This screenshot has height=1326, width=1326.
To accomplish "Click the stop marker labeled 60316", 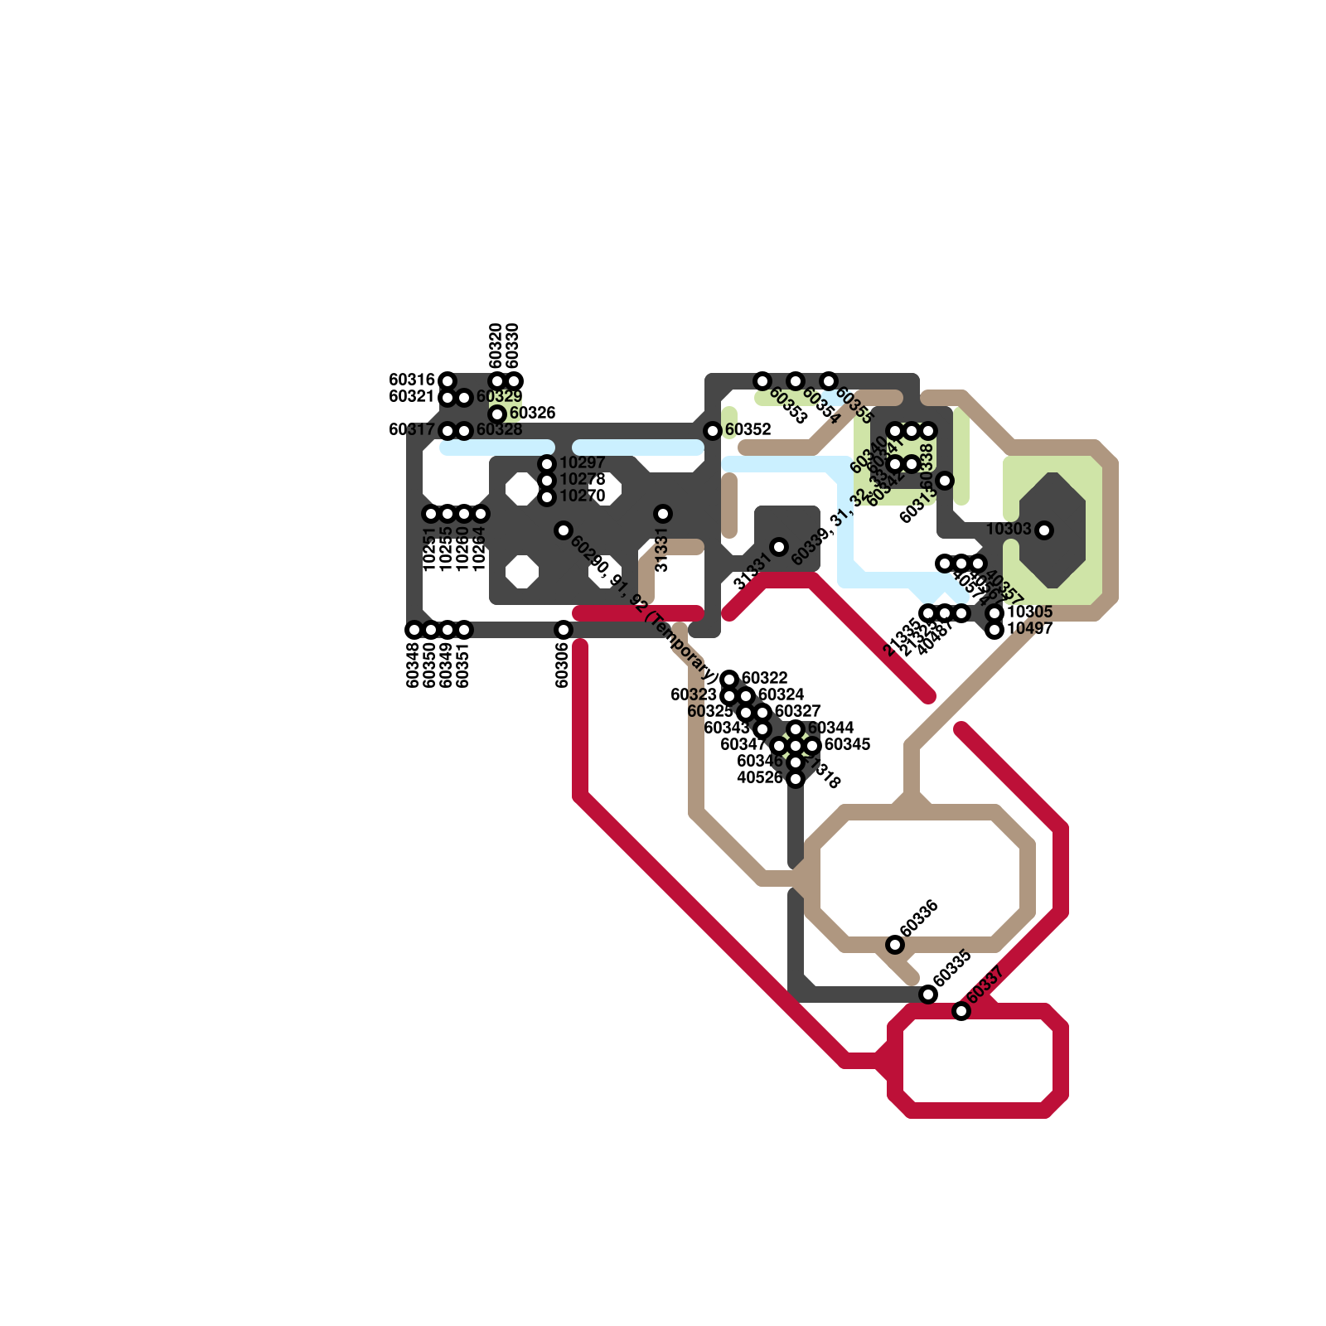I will (448, 381).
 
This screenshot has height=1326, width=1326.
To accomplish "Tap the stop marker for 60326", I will (497, 414).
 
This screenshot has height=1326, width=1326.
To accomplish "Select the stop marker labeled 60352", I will (713, 431).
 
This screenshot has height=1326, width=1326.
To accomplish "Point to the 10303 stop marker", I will (1044, 530).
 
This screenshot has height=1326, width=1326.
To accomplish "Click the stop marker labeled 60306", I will (564, 630).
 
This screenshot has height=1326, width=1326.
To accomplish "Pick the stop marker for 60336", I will (895, 945).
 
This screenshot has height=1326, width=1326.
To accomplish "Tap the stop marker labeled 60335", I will (928, 994).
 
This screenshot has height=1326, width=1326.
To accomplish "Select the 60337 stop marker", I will (961, 1011).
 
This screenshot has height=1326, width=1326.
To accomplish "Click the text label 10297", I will (582, 462).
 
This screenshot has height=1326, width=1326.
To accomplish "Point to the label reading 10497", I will (1029, 628).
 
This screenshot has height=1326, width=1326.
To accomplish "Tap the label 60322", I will (764, 678).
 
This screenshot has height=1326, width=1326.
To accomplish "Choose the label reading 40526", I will (760, 777).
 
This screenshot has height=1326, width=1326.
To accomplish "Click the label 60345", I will (847, 744).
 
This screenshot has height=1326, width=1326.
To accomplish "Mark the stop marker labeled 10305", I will (995, 613).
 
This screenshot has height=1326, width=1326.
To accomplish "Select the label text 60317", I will (412, 429).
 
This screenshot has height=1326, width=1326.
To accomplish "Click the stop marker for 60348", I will (414, 630).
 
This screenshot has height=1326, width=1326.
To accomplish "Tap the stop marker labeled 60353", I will (762, 381).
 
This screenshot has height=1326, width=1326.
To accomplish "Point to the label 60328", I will (499, 429).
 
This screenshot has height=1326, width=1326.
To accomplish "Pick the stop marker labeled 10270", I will (547, 497).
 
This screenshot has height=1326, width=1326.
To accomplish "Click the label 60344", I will (830, 728).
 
